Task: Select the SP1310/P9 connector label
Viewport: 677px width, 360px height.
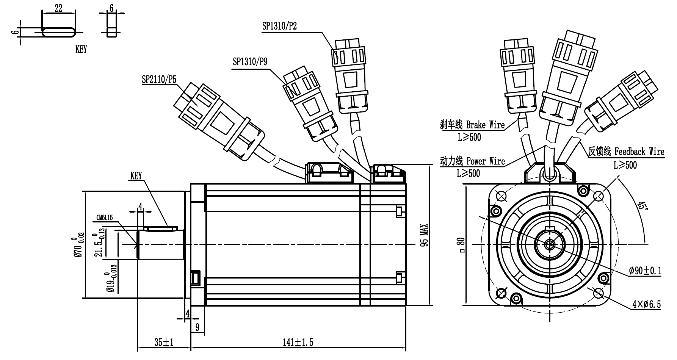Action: click(250, 62)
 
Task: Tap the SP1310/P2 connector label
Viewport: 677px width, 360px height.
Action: click(279, 26)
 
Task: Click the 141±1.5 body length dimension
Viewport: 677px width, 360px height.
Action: click(298, 343)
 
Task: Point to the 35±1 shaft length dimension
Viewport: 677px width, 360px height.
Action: click(164, 343)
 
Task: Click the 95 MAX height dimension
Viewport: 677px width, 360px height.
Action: click(424, 235)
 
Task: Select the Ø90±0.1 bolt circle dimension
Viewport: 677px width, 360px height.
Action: click(645, 271)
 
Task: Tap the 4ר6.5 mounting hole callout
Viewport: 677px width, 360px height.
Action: click(646, 304)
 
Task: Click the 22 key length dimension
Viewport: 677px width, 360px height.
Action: click(58, 8)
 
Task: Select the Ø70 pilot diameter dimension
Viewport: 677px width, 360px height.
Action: click(78, 245)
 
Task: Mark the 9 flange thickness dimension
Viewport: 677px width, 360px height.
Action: click(197, 327)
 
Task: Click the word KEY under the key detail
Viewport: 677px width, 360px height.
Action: click(81, 49)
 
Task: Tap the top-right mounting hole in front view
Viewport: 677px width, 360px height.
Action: click(599, 196)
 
